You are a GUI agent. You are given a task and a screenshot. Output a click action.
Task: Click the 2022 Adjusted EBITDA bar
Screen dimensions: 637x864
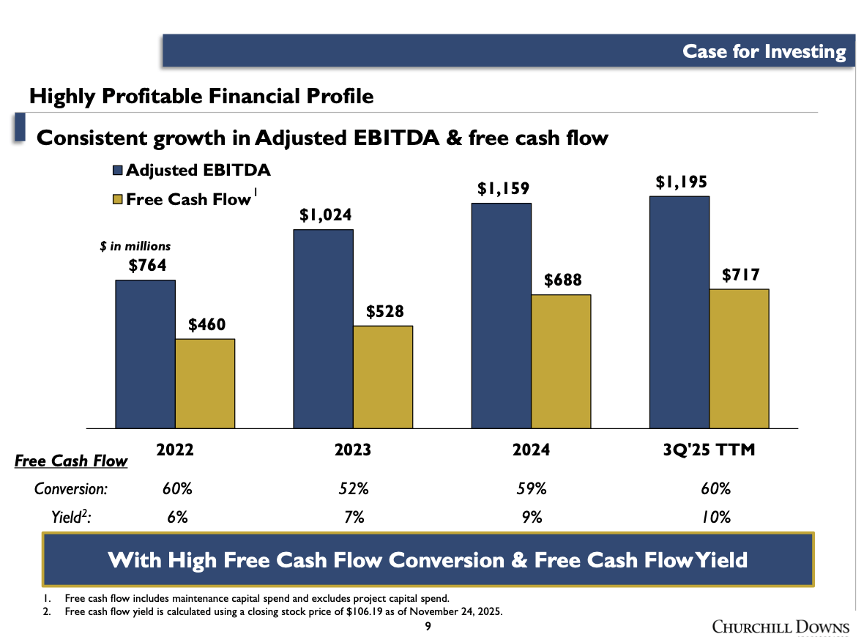pyautogui.click(x=145, y=354)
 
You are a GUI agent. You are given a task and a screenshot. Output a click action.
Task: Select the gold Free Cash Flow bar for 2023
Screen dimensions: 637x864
pyautogui.click(x=382, y=376)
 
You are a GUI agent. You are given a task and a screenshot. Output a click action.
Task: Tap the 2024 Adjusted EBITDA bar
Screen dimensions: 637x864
pyautogui.click(x=501, y=315)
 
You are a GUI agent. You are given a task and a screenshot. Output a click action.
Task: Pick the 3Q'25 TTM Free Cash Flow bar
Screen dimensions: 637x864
pyautogui.click(x=739, y=358)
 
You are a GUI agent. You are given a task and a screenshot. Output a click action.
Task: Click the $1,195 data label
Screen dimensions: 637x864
pyautogui.click(x=681, y=182)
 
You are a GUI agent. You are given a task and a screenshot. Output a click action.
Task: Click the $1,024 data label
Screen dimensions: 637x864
pyautogui.click(x=325, y=215)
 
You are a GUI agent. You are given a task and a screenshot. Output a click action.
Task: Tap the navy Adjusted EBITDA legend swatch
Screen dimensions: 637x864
pyautogui.click(x=118, y=171)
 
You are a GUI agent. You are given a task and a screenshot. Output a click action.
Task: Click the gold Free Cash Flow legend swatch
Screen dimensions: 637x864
pyautogui.click(x=118, y=199)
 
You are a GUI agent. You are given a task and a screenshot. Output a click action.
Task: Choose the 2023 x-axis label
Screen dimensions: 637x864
pyautogui.click(x=353, y=450)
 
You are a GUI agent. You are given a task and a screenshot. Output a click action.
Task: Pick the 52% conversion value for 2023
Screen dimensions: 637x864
pyautogui.click(x=354, y=488)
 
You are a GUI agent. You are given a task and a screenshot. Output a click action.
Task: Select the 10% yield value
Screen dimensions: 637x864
pyautogui.click(x=715, y=517)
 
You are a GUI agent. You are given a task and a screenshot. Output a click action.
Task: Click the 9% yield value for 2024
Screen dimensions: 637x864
pyautogui.click(x=532, y=517)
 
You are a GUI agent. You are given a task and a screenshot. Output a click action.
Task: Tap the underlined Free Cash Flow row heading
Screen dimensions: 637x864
pyautogui.click(x=71, y=461)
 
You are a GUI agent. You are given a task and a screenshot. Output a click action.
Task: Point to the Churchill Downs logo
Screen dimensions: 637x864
pyautogui.click(x=781, y=627)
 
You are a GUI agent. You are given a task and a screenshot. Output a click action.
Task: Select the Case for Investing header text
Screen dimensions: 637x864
pyautogui.click(x=764, y=51)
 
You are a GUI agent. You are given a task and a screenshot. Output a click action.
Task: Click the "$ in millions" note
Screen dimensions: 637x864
pyautogui.click(x=135, y=247)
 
